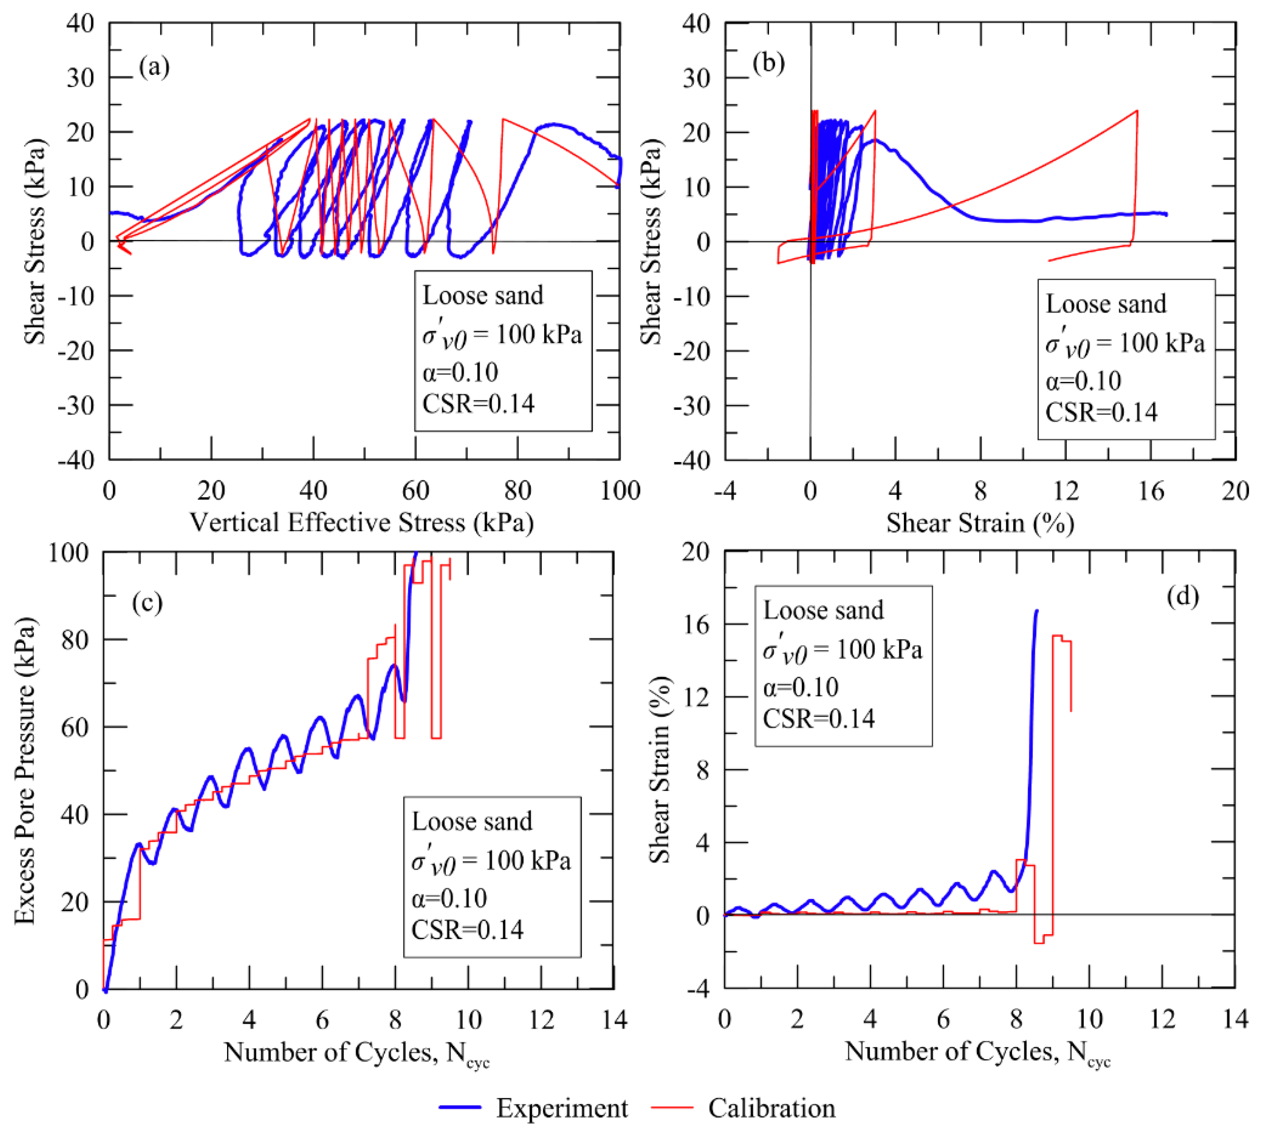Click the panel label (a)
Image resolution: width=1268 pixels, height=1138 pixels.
coord(154,66)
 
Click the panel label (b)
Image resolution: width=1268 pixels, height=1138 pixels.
coord(768,63)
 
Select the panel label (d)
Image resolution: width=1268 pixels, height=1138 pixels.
coord(1182,596)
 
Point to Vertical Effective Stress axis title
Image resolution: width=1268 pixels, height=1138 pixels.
coord(361,523)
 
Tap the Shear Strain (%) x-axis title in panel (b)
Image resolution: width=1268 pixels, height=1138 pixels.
coord(980,523)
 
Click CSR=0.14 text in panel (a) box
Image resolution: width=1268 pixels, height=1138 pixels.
coord(478,404)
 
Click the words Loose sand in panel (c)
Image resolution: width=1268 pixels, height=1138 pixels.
coord(472,822)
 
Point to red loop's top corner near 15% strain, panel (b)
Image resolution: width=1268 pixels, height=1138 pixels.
coord(1136,111)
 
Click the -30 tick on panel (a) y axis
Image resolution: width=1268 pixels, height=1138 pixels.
coord(76,406)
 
